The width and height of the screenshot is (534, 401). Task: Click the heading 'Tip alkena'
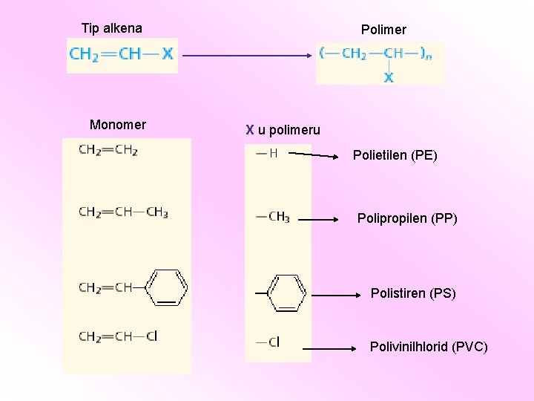tap(112, 29)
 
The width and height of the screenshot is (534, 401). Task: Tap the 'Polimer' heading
tap(383, 30)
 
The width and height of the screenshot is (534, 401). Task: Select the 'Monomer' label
tap(118, 124)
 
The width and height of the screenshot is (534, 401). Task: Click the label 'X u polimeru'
tap(283, 130)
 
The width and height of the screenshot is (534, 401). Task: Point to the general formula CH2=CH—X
tap(122, 54)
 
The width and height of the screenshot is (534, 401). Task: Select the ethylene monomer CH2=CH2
tap(108, 150)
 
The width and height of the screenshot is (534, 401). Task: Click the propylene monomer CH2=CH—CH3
tap(123, 212)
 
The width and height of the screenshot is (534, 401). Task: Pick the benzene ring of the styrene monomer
tap(169, 287)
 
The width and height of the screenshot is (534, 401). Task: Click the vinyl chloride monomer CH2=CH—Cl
tap(118, 336)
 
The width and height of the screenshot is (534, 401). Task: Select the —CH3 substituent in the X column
tap(272, 217)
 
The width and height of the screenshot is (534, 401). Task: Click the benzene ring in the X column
tap(286, 293)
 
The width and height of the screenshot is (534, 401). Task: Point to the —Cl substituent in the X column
tap(268, 342)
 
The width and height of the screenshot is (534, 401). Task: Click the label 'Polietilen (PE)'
tap(395, 156)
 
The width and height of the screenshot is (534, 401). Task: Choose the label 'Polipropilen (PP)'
tap(407, 218)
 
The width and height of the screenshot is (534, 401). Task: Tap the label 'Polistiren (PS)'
tap(413, 293)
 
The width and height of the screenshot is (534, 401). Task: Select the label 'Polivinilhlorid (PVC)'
tap(429, 347)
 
